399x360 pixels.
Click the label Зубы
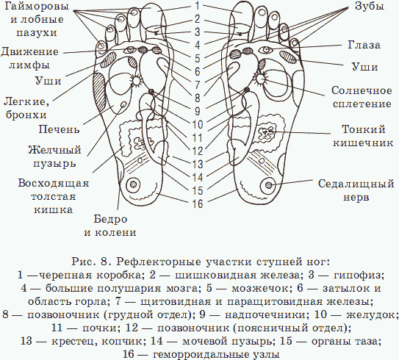click(x=369, y=6)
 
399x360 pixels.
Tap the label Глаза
click(x=364, y=46)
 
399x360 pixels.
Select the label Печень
click(x=59, y=129)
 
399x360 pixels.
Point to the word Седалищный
click(x=356, y=184)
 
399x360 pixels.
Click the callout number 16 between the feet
click(x=198, y=204)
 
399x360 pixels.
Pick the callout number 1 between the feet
click(x=197, y=6)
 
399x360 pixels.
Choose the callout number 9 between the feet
click(x=198, y=111)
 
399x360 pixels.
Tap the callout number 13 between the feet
click(x=198, y=164)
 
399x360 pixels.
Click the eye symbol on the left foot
click(x=130, y=50)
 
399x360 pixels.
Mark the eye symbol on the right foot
click(x=266, y=50)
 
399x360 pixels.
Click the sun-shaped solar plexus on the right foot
click(x=261, y=79)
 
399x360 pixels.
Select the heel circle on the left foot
click(x=133, y=184)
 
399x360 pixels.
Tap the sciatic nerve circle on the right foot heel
click(x=268, y=184)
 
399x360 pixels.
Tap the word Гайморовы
click(x=37, y=6)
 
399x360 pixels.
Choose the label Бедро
click(x=110, y=219)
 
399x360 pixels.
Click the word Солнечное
click(x=362, y=90)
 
